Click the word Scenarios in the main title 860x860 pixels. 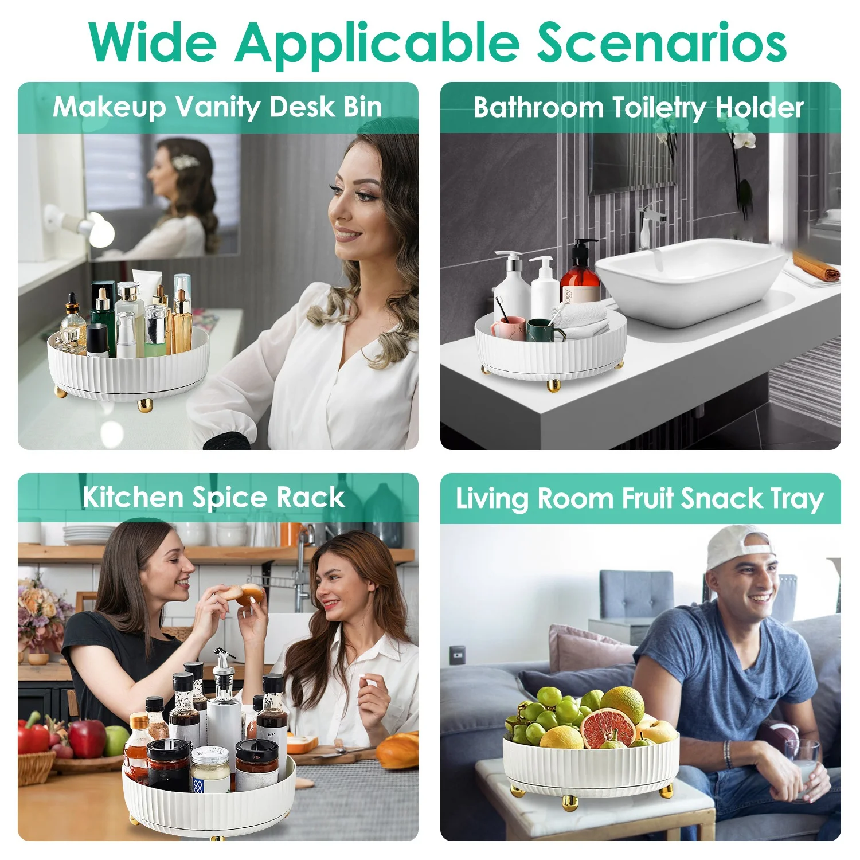[662, 43]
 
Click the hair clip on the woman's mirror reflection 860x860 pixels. [186, 162]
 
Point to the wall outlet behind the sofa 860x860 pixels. [457, 652]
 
